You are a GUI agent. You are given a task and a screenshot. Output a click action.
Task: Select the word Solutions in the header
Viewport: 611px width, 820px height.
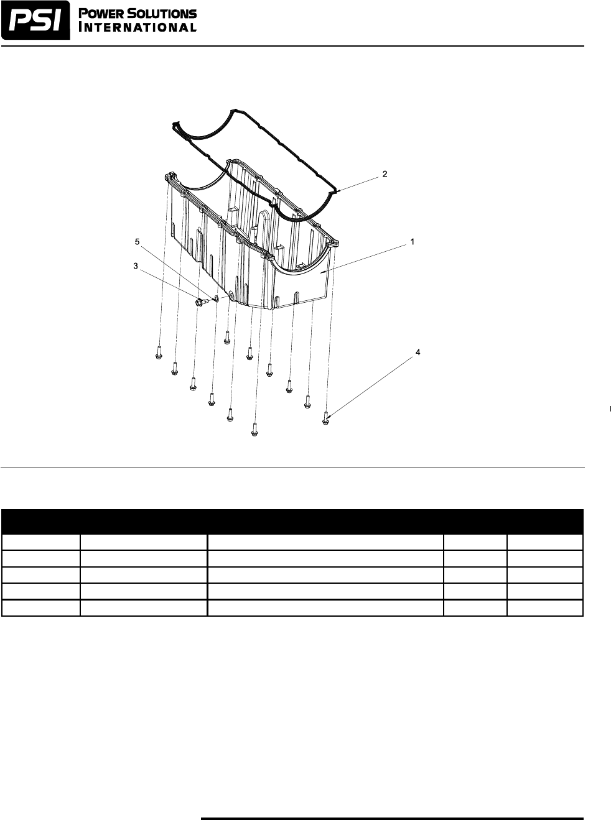click(165, 14)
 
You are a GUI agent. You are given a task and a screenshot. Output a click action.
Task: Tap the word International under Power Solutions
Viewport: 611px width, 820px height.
click(138, 27)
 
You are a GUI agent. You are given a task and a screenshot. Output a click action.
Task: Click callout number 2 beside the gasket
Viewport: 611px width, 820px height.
click(385, 175)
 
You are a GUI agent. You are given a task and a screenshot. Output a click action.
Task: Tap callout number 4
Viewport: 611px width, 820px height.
click(417, 352)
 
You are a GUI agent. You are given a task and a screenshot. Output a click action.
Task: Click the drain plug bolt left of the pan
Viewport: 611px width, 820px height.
click(200, 302)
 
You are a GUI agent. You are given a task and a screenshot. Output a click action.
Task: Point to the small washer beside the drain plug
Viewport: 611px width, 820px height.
click(215, 299)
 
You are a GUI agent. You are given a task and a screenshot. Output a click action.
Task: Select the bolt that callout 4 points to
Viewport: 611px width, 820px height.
click(326, 418)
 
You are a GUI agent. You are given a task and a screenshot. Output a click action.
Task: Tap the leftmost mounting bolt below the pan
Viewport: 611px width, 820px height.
click(159, 352)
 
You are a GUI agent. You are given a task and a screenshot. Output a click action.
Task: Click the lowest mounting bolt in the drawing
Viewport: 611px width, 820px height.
click(254, 428)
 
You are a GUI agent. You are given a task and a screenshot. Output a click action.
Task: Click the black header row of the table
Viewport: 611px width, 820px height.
click(292, 521)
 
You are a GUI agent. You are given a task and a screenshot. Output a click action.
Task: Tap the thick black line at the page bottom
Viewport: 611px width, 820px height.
click(392, 818)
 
